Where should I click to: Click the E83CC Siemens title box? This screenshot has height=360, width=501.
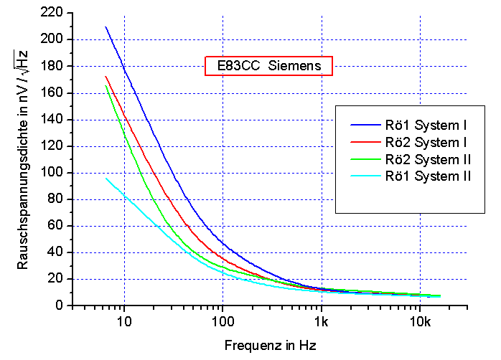tap(268, 66)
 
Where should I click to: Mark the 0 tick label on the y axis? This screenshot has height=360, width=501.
tap(61, 305)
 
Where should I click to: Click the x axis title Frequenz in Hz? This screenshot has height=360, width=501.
tap(269, 345)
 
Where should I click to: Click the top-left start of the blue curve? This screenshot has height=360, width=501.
tap(106, 27)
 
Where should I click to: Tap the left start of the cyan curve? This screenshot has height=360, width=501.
tap(106, 178)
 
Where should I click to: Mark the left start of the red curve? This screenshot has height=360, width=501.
tap(106, 77)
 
